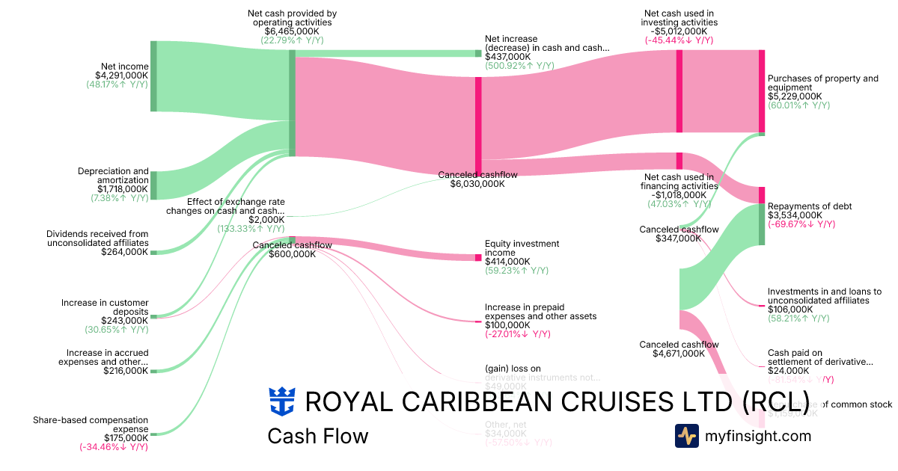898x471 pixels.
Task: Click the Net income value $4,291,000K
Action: coord(121,75)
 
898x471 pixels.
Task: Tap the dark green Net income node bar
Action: coord(153,76)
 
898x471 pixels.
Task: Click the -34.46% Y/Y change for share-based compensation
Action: coord(114,447)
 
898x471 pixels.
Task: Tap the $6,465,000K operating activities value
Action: coord(292,32)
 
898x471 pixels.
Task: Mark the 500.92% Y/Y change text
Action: coord(519,66)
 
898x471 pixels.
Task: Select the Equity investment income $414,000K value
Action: coord(507,262)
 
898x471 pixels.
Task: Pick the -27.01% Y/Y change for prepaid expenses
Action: coord(518,334)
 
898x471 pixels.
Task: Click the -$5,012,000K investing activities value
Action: coord(679,31)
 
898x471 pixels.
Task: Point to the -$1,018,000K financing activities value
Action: coord(679,194)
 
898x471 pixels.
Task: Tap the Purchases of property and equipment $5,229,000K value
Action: coord(795,96)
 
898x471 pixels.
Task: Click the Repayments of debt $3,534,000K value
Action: coord(795,215)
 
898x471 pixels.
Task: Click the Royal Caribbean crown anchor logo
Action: coord(281,401)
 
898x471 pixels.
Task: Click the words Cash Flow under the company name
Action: coord(317,436)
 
